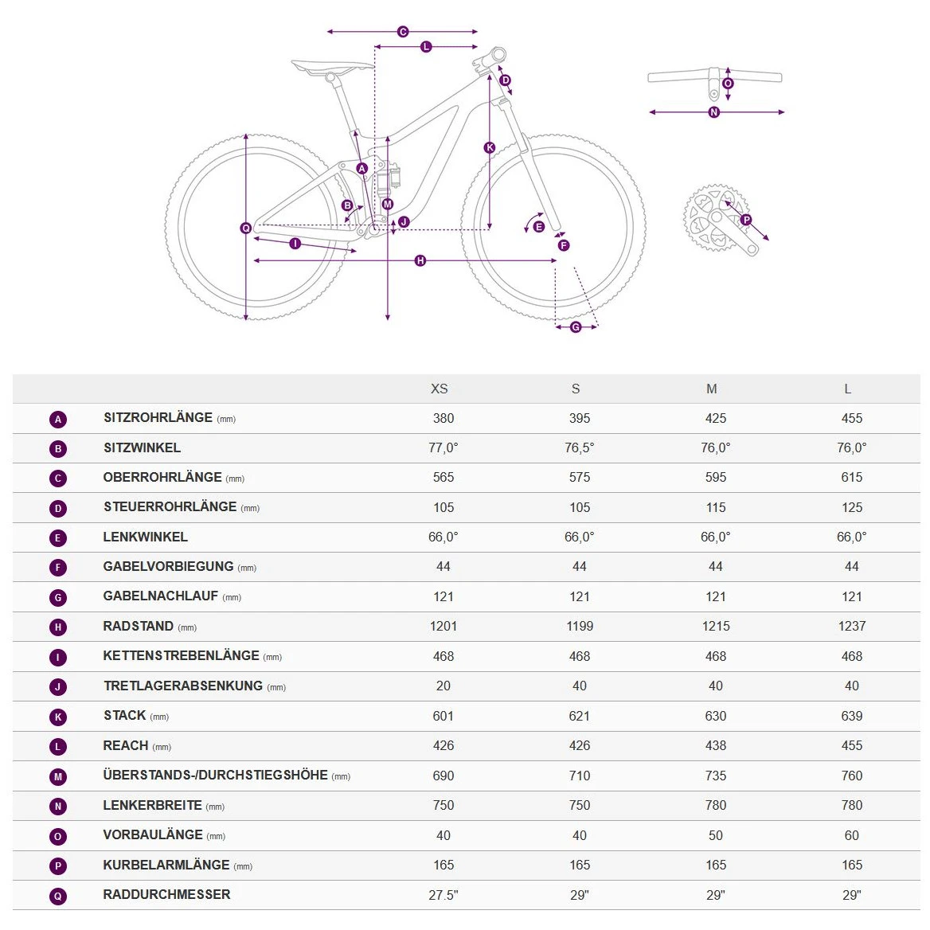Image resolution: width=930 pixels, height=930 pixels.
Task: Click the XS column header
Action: tap(440, 389)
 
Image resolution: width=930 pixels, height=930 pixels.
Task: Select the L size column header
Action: tap(847, 389)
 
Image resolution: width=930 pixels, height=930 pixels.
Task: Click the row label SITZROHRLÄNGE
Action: tap(158, 418)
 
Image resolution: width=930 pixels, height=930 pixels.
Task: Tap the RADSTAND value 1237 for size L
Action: tap(851, 627)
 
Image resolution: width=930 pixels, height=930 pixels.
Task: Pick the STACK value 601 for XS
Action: tap(444, 716)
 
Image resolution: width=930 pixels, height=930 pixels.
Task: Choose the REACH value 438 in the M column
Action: tap(715, 746)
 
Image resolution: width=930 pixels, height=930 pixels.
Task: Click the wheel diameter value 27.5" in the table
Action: tap(444, 895)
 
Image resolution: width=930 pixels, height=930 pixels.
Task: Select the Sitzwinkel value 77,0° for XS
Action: tap(444, 447)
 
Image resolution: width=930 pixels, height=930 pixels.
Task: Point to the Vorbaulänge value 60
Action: tap(851, 835)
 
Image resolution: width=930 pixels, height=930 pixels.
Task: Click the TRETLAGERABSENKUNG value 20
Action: tap(444, 686)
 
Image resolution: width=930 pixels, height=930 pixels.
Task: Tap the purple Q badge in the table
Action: tap(58, 896)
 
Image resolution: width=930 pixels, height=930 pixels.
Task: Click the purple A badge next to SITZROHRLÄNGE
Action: tap(58, 420)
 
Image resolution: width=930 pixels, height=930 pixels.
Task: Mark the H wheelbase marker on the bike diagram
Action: tap(420, 260)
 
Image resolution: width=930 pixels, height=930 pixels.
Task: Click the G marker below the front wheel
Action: tap(576, 327)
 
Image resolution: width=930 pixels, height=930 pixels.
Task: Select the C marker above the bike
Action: tap(403, 32)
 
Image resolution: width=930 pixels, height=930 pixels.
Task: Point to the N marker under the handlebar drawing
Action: tap(713, 112)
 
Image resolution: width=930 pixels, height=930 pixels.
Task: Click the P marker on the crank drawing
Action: tap(746, 220)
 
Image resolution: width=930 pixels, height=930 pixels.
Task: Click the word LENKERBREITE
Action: tap(152, 806)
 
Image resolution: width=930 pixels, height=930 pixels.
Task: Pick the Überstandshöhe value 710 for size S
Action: tap(580, 776)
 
